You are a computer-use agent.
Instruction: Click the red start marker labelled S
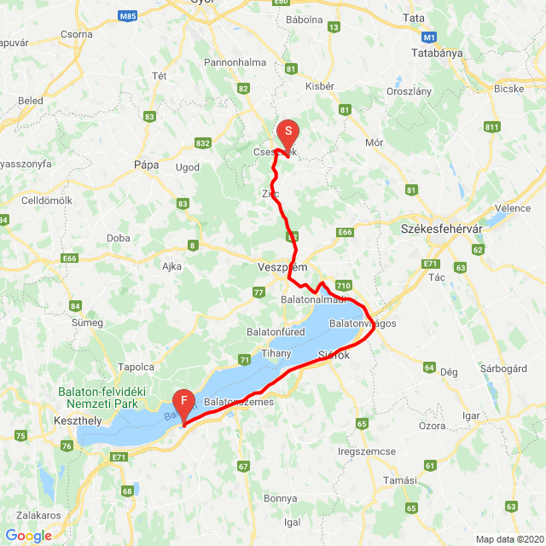point(288,132)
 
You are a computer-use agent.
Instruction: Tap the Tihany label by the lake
point(277,353)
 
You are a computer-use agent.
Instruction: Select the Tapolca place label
point(136,366)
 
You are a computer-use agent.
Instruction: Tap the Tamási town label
point(400,480)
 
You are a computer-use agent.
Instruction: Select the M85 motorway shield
point(128,16)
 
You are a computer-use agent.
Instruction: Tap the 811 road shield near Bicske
point(491,127)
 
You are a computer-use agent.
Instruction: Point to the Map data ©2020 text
point(508,538)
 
